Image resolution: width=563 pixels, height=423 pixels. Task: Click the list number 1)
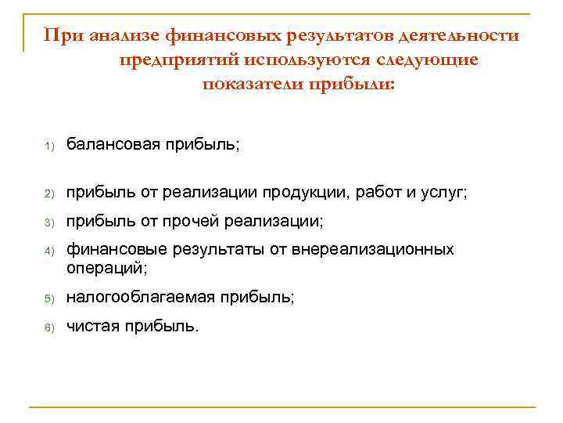(47, 146)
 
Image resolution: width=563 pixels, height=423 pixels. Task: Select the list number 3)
(47, 223)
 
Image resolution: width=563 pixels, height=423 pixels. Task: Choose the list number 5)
(47, 298)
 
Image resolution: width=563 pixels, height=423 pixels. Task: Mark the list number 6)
(47, 327)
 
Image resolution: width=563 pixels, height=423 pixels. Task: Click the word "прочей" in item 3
(188, 222)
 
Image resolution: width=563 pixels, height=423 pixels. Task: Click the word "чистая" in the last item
(91, 326)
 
